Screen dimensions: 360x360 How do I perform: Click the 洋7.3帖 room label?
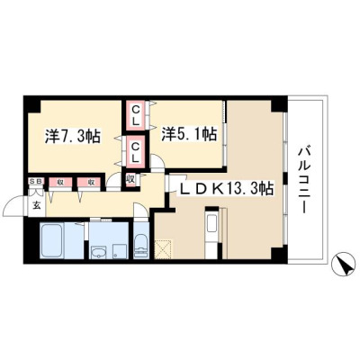pos(73,136)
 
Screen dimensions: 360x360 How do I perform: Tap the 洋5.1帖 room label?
pos(189,134)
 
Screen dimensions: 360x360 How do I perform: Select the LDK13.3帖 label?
pos(226,189)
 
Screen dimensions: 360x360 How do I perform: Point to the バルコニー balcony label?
pos(303,180)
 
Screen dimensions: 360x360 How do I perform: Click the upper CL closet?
pos(136,116)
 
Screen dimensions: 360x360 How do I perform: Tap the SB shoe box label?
pos(36,181)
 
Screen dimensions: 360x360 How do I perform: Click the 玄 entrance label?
pos(36,206)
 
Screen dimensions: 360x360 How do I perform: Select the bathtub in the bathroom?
pos(51,239)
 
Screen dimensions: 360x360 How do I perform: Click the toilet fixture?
pos(140,246)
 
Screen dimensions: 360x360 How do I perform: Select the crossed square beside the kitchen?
pos(163,248)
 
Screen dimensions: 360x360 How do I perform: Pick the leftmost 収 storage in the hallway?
pos(60,182)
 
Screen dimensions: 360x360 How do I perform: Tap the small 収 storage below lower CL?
pos(131,179)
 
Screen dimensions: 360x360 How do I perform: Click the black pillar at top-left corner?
pos(32,103)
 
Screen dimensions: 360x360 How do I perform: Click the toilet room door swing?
pos(141,209)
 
